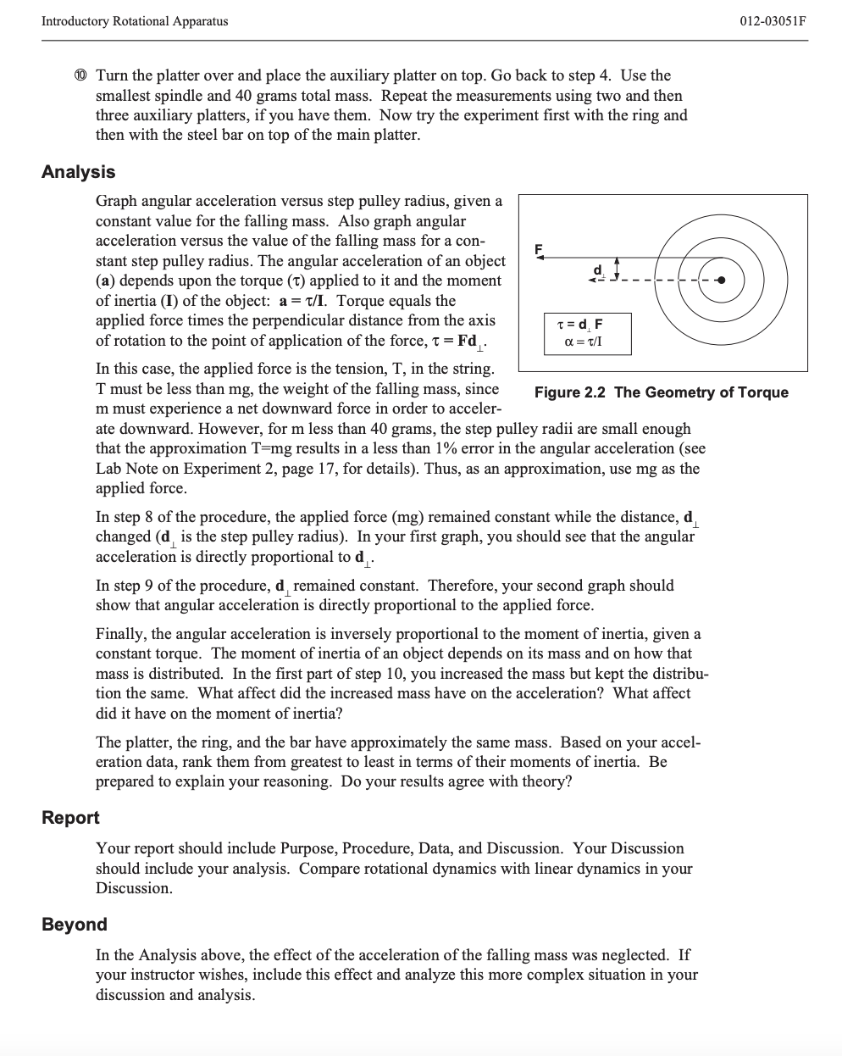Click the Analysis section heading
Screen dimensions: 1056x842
point(78,172)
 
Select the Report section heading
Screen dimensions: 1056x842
point(70,818)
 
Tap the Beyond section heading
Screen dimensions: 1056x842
point(75,925)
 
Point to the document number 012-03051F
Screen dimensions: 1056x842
point(769,21)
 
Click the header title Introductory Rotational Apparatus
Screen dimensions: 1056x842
point(135,21)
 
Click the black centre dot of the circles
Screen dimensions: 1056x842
point(722,281)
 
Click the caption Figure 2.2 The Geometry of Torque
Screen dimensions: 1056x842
point(661,392)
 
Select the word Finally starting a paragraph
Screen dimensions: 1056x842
point(120,634)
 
